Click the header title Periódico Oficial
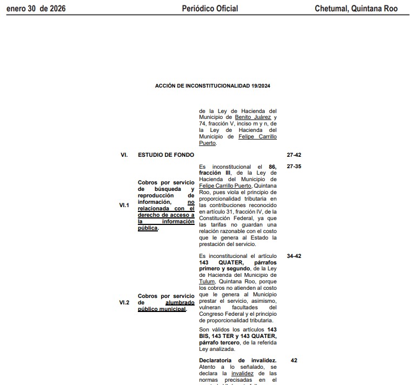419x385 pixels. (x=210, y=8)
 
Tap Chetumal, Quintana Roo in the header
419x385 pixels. (x=356, y=8)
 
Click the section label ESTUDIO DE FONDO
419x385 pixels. (x=166, y=155)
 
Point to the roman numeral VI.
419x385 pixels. (x=124, y=155)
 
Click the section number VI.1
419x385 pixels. (x=124, y=205)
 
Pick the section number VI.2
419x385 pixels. (x=124, y=303)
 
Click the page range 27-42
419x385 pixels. (x=294, y=155)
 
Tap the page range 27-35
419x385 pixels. (x=294, y=167)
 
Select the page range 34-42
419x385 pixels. (x=294, y=256)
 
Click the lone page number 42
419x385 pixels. (x=294, y=360)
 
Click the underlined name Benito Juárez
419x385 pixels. (x=254, y=117)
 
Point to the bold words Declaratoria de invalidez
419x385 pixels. (x=238, y=360)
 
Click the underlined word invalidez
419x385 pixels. (x=242, y=373)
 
